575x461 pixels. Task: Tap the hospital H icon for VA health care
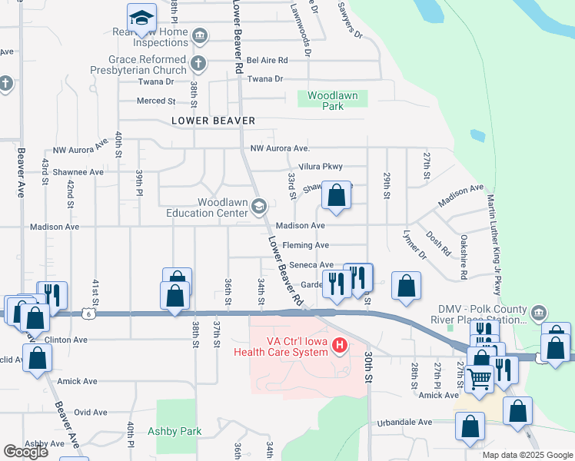tap(339, 347)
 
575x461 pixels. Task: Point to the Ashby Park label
tap(174, 431)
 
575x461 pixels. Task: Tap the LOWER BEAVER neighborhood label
tap(213, 121)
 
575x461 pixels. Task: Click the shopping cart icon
tap(479, 378)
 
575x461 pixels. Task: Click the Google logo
tap(26, 453)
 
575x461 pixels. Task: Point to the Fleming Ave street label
tap(306, 245)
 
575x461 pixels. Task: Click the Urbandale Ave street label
tap(404, 423)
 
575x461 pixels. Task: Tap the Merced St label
tap(156, 101)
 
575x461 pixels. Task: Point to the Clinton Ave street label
tap(68, 340)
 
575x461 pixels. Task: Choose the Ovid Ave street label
tap(91, 412)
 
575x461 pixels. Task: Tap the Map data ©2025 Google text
tap(527, 455)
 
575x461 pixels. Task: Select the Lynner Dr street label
tap(413, 247)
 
